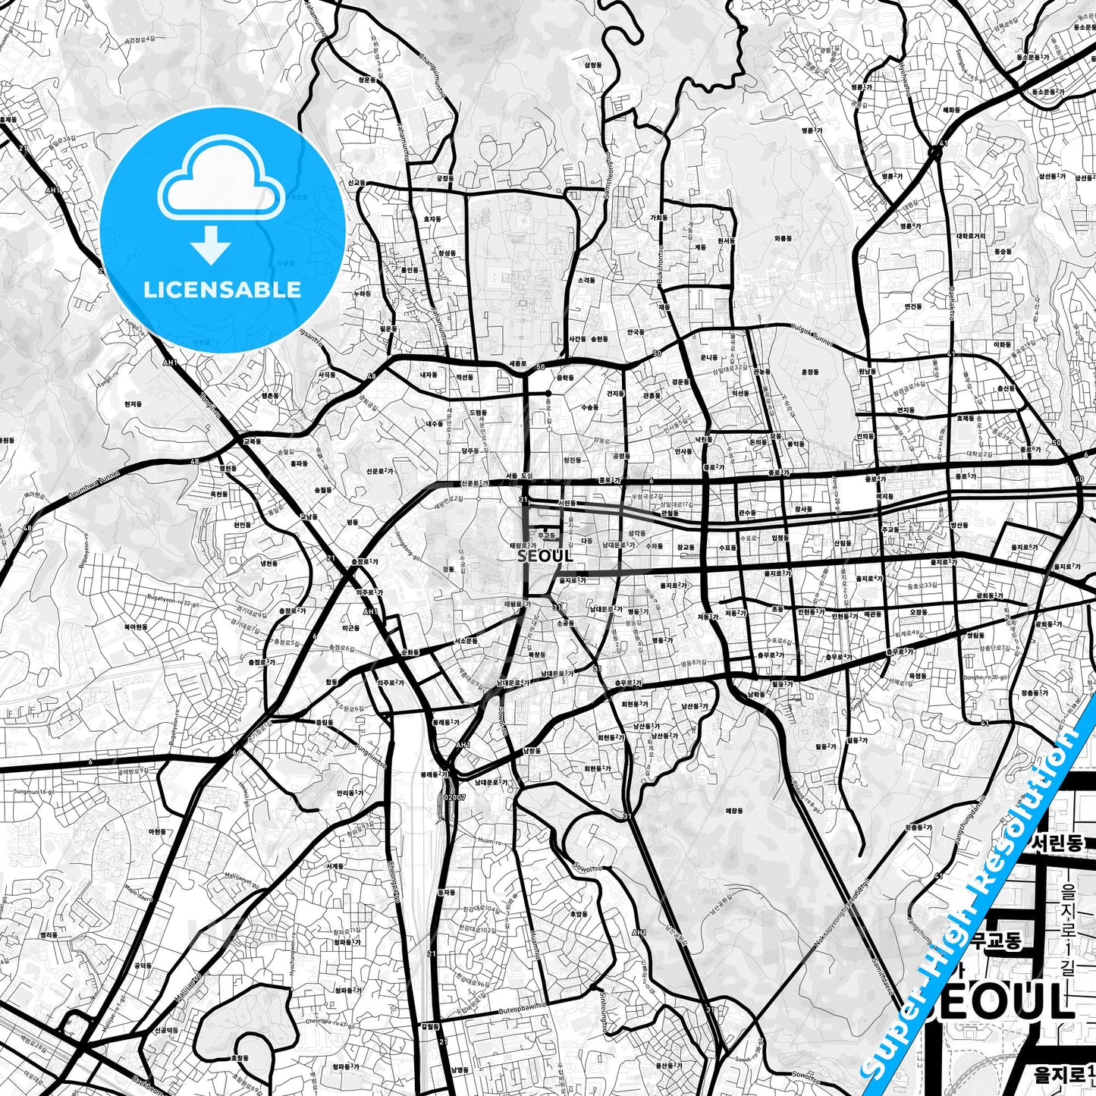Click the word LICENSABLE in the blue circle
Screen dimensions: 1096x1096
click(x=222, y=289)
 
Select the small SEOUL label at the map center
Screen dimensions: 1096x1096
click(x=545, y=555)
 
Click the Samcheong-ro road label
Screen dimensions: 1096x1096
click(x=607, y=178)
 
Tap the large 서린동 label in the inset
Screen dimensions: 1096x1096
click(x=1057, y=843)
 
